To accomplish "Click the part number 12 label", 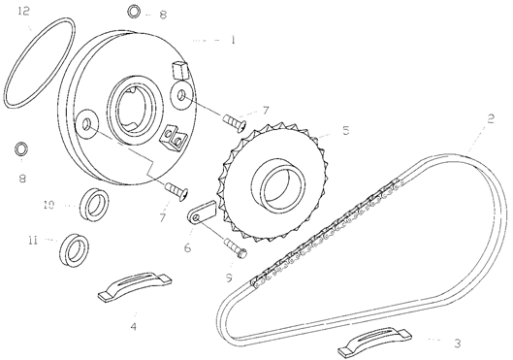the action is coord(24,11).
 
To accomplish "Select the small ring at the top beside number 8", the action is coord(134,12).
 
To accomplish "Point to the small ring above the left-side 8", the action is coord(21,148).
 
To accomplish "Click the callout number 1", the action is coord(233,40).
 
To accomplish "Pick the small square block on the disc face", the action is coord(180,70).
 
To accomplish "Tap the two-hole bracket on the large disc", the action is coord(173,138).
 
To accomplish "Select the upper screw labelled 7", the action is coord(235,122).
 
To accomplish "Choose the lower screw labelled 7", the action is coord(176,190).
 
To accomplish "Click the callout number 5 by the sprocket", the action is coord(346,130).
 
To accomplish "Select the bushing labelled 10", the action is coord(95,205).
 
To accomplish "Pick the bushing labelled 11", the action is coord(75,250).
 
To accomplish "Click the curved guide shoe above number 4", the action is coord(135,284).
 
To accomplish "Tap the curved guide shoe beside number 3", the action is coord(374,341).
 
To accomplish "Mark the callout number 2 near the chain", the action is coord(490,118).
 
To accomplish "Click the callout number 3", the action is coord(458,343).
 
